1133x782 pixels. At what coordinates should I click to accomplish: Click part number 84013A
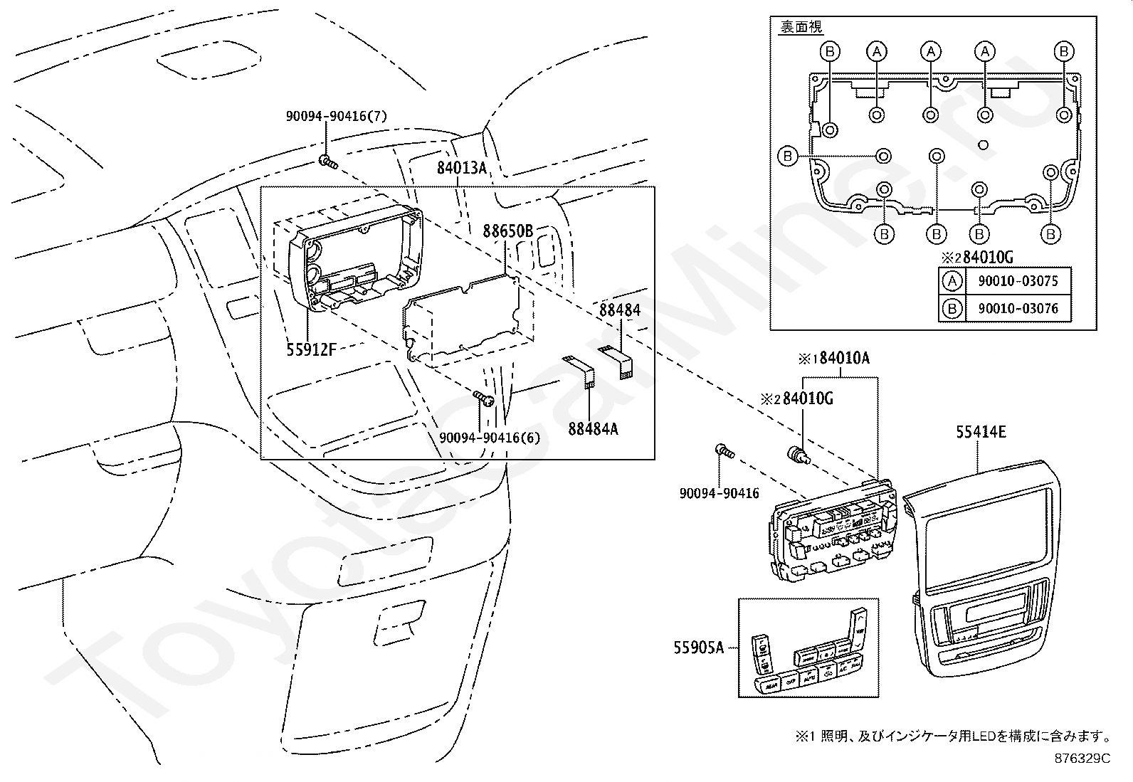click(461, 169)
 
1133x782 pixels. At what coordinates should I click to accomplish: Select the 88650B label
click(507, 231)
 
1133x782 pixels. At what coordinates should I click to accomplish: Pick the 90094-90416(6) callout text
click(490, 438)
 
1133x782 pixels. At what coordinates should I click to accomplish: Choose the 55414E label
click(981, 431)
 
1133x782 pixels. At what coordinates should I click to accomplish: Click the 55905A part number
click(698, 647)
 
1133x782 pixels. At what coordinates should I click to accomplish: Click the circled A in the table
click(952, 281)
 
